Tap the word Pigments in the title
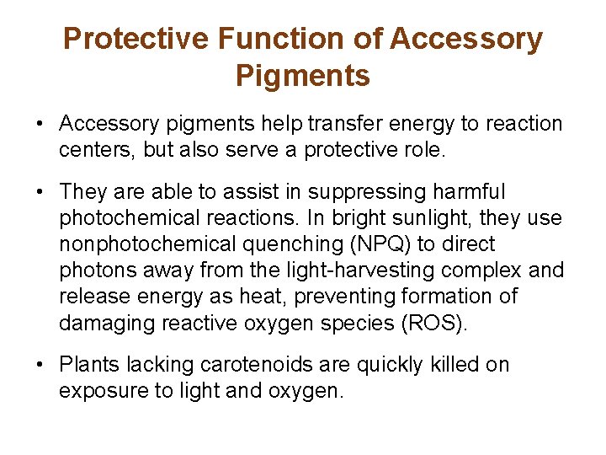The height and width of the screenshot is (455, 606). coord(303,76)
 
